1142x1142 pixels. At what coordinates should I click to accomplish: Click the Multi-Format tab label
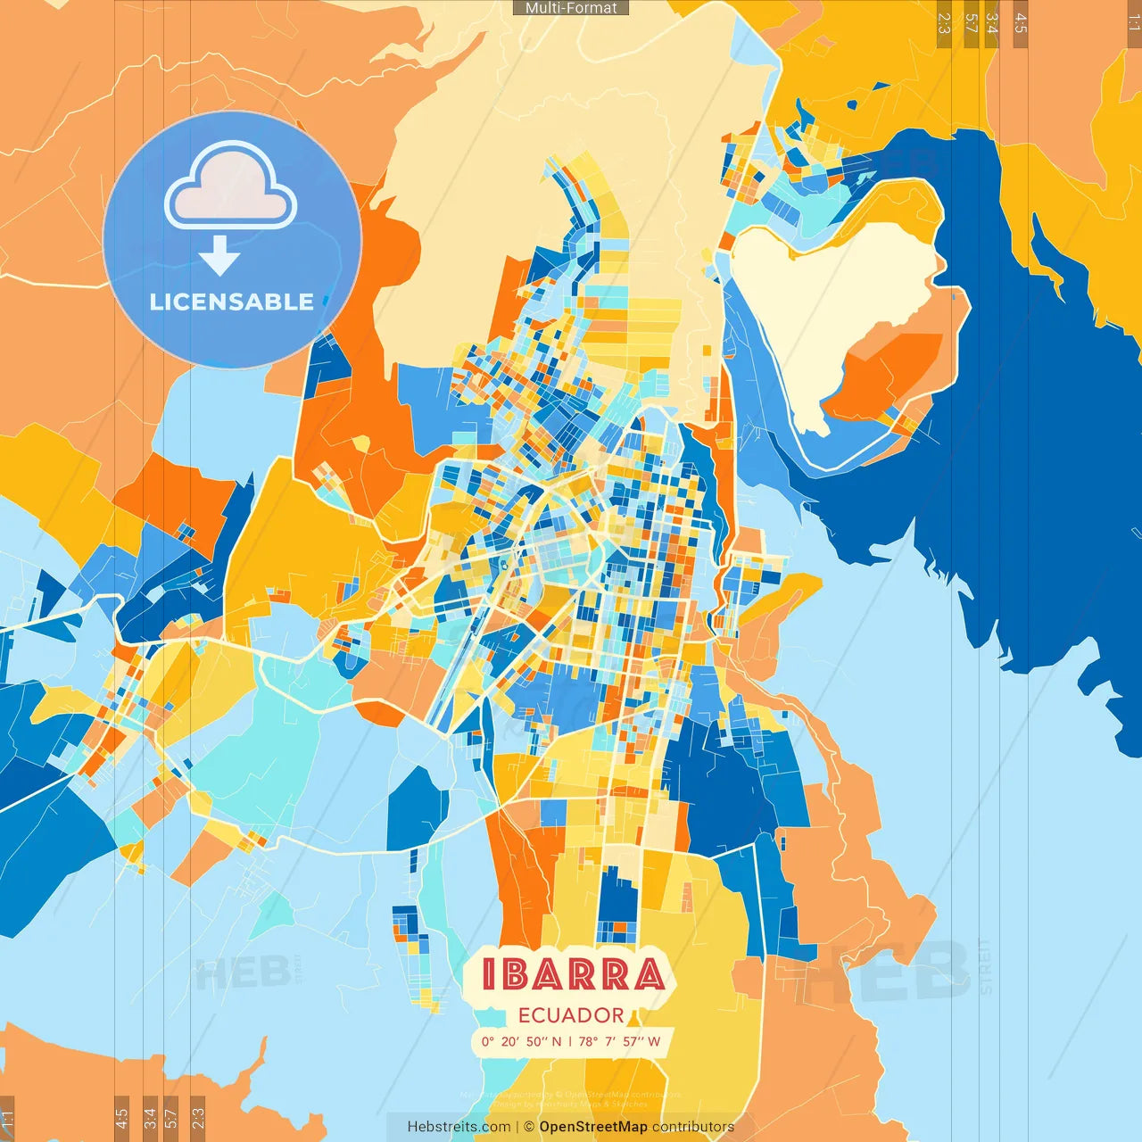(571, 8)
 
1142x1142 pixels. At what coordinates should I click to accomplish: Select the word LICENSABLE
(232, 302)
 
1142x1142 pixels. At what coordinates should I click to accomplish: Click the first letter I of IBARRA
(489, 974)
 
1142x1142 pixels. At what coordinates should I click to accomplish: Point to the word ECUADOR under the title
(571, 1015)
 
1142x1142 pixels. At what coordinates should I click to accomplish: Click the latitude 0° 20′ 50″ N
(521, 1041)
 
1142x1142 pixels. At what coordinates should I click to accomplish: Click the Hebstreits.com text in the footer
(459, 1127)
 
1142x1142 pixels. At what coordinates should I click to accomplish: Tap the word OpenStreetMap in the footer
(593, 1127)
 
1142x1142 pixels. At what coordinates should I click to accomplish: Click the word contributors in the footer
(693, 1127)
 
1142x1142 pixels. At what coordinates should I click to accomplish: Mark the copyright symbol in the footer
(529, 1127)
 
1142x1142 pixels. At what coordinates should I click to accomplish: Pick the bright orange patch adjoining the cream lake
(892, 375)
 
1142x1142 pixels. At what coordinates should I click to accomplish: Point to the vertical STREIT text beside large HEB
(984, 968)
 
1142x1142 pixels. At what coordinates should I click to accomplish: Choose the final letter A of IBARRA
(649, 974)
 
